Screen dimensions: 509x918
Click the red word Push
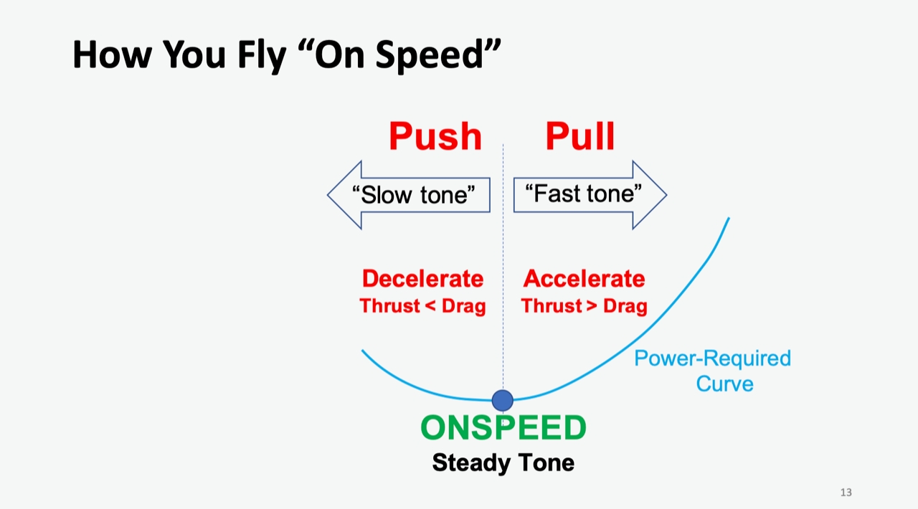pos(435,136)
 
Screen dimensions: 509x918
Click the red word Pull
pos(579,136)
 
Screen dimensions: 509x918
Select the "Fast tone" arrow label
pos(583,194)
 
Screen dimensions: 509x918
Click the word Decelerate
pos(422,278)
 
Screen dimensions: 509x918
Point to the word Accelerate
pos(584,278)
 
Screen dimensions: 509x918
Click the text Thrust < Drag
pos(422,306)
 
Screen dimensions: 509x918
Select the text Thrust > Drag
pos(584,306)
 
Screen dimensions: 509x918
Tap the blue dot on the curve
pos(503,400)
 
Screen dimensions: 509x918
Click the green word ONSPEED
pos(503,428)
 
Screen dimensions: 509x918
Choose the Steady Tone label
pos(503,463)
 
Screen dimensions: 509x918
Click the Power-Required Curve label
pos(711,371)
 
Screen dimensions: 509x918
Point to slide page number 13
pos(846,493)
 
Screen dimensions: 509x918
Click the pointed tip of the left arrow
pos(328,195)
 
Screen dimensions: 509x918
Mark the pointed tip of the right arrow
pos(666,194)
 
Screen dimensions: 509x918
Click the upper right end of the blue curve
pos(729,219)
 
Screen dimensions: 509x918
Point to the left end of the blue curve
pos(362,351)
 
